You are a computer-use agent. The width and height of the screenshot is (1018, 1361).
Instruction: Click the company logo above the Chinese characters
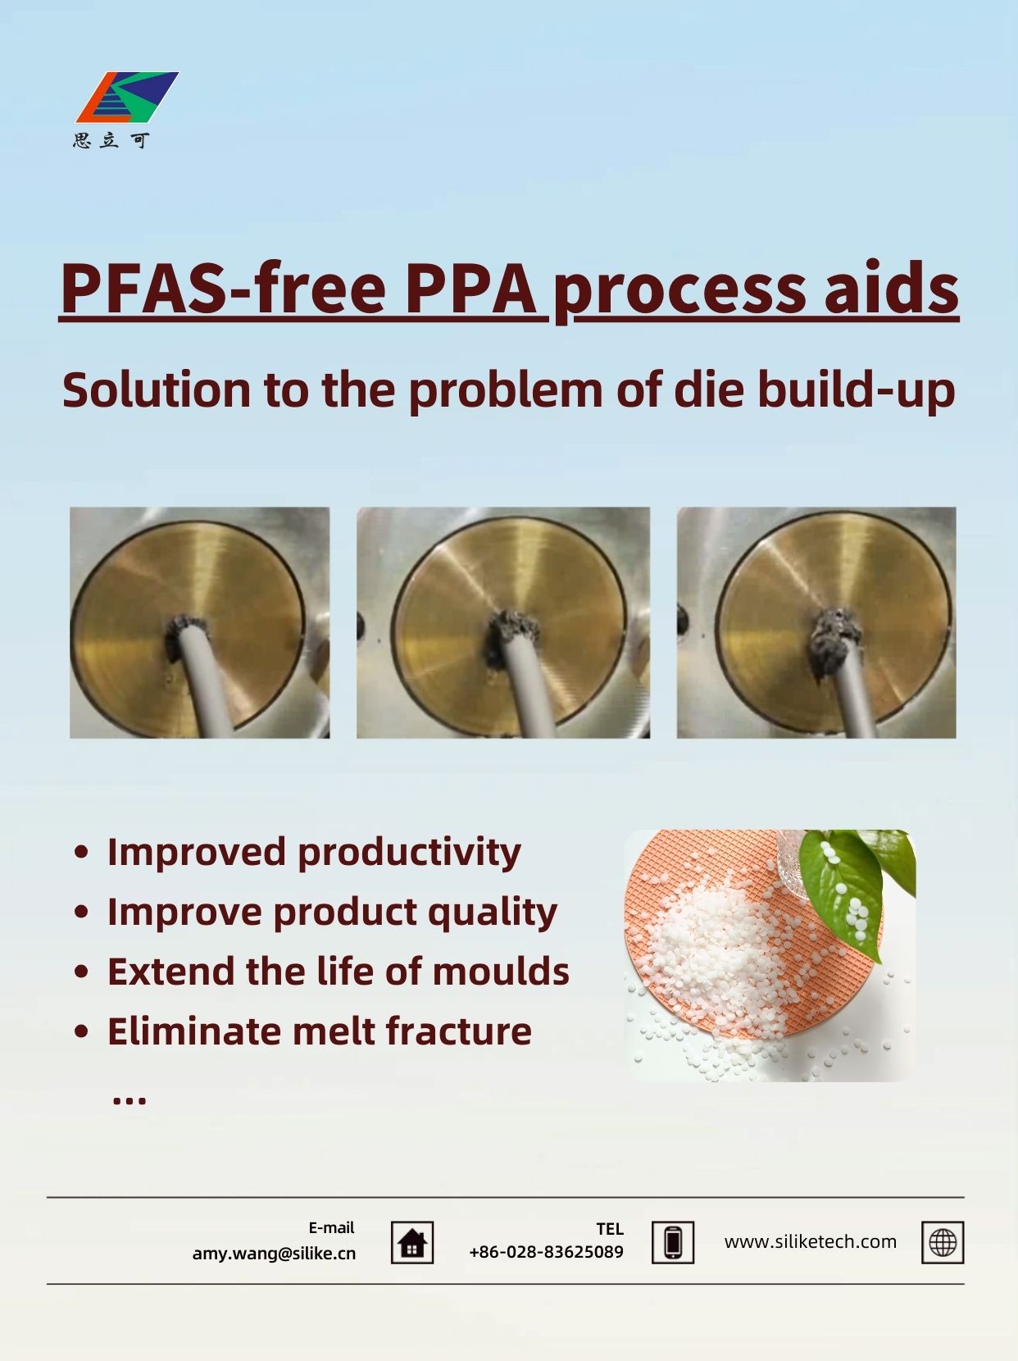point(127,98)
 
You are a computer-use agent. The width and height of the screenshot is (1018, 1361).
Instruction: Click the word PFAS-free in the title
point(224,289)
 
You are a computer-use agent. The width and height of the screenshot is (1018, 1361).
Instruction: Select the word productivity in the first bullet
point(409,853)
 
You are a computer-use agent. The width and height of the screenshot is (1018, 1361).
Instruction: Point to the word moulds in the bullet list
point(501,971)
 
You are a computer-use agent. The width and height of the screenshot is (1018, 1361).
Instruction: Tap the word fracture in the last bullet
point(458,1031)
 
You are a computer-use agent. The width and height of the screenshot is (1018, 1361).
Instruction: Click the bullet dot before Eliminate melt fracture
point(81,1031)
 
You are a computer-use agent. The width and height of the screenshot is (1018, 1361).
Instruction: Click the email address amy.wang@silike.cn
point(274,1254)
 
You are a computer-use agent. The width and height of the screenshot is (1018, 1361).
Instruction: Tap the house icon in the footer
point(412,1243)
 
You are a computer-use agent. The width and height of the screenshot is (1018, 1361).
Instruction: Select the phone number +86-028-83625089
point(547,1253)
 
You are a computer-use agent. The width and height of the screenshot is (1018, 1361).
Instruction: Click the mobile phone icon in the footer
point(673,1243)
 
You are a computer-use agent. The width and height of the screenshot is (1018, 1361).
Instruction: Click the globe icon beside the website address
point(943,1243)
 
